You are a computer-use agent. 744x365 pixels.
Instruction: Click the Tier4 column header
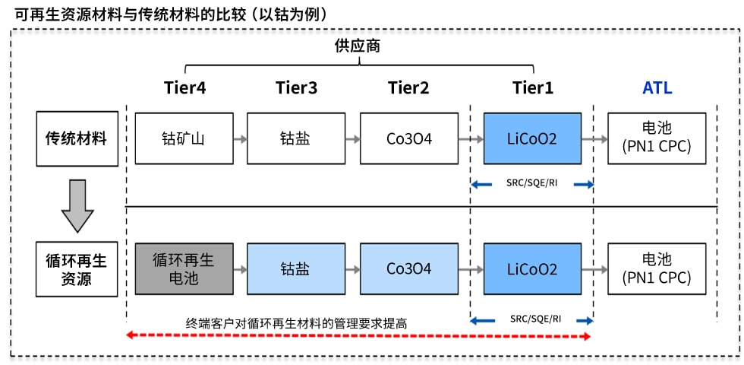pos(185,88)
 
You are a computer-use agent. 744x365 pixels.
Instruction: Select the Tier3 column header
pos(297,88)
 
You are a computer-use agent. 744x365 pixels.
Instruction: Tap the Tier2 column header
pos(408,88)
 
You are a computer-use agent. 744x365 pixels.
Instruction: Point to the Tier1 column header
pos(532,88)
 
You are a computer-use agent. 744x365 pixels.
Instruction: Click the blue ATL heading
pos(657,88)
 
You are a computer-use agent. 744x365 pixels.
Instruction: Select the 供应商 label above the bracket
pos(359,47)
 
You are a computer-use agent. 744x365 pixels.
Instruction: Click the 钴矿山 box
pos(184,138)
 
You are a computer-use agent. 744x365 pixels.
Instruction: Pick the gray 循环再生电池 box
pos(184,268)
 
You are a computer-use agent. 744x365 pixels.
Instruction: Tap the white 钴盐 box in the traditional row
pos(297,138)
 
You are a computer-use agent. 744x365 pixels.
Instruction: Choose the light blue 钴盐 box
pos(297,268)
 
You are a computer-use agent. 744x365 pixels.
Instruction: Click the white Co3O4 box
pos(409,138)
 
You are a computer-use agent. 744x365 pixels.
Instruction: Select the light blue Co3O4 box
pos(409,268)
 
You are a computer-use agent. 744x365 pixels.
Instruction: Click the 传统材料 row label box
pos(77,138)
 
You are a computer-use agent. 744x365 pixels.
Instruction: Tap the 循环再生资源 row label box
pos(77,269)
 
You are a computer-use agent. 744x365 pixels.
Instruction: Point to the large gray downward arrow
pos(77,206)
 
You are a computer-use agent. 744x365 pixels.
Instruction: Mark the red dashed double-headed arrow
pos(358,336)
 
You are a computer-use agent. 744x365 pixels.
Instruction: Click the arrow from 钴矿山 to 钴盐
pos(241,138)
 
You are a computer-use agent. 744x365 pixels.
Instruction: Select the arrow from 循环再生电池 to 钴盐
pos(241,269)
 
